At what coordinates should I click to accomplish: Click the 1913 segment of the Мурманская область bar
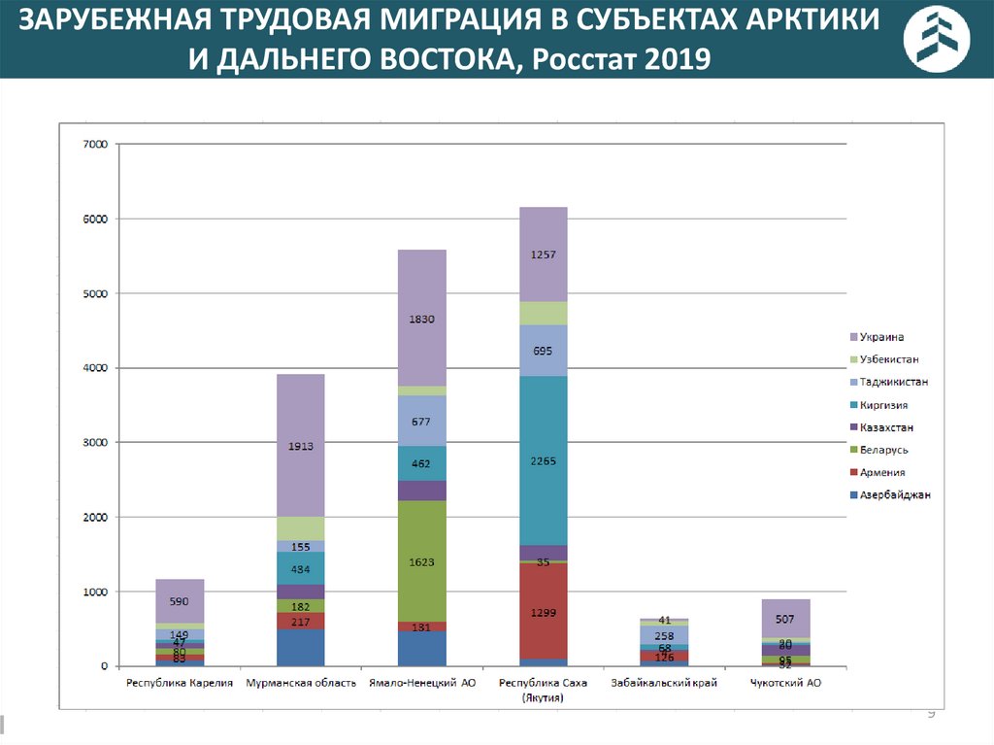[300, 445]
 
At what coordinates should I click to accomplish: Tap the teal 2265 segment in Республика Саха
[544, 460]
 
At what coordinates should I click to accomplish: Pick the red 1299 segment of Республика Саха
[544, 611]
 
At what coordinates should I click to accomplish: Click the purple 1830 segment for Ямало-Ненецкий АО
[422, 318]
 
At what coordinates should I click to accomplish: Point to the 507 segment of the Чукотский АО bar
[786, 618]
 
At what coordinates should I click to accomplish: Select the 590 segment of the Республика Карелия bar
[180, 601]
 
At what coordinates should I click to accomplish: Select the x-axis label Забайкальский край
[665, 683]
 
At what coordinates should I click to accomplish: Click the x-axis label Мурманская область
[301, 683]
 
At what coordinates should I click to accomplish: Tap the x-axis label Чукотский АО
[786, 683]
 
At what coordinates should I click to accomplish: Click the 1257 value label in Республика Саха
[544, 254]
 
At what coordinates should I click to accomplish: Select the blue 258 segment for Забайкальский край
[665, 634]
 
